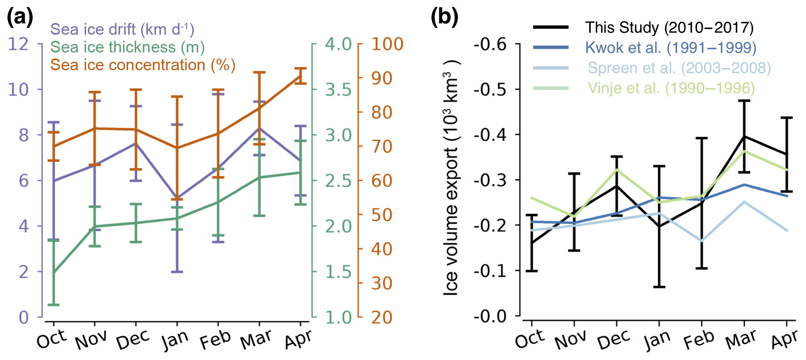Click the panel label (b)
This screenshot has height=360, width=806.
444,18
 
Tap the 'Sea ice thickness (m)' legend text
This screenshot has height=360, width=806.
127,47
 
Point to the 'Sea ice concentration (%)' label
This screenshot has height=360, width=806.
143,65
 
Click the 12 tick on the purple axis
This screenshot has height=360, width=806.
19,44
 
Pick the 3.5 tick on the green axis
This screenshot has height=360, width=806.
338,90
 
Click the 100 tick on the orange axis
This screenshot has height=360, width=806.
387,44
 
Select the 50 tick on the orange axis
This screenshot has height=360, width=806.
382,215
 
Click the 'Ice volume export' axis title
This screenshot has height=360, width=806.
451,178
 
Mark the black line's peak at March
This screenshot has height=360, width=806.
744,137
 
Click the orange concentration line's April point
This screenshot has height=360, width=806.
300,75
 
